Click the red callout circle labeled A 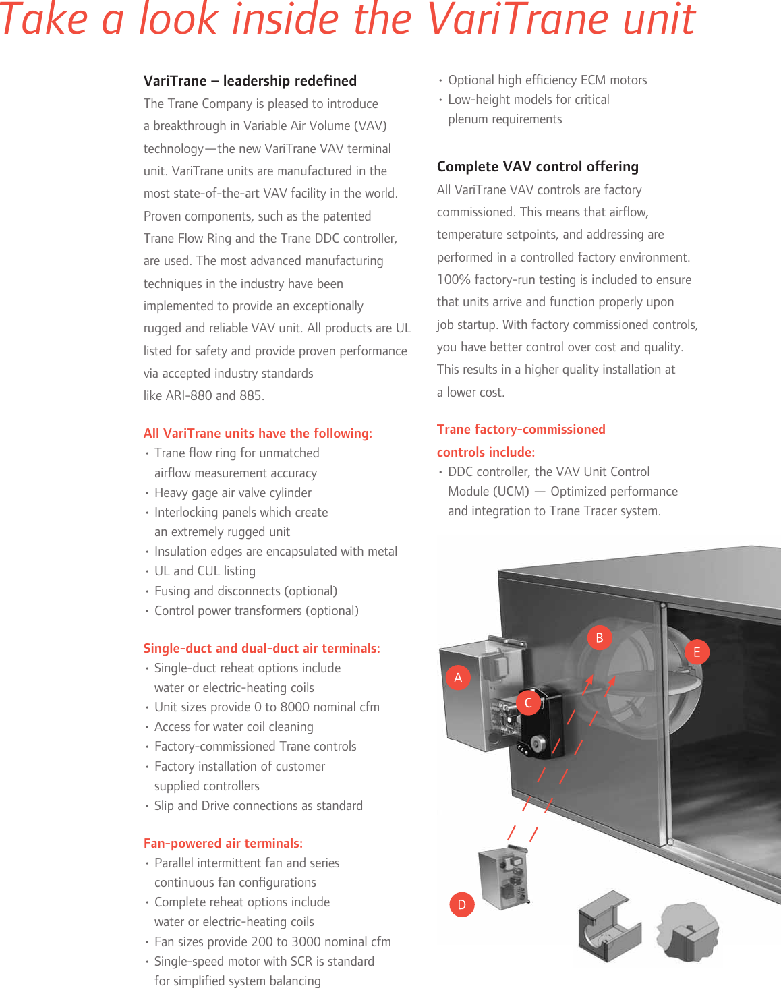458,678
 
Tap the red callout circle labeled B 599,637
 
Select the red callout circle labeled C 528,703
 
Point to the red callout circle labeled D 462,904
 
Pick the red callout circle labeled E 697,652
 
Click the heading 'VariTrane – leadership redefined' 250,81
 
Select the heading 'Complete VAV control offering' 538,167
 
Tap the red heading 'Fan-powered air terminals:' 223,843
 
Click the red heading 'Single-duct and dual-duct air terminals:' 262,648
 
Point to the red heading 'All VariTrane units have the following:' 258,433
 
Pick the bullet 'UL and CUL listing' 205,571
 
